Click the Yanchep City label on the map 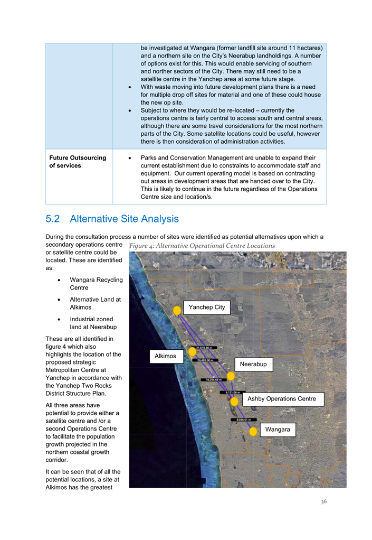tap(207, 307)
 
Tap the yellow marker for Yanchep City tap(177, 311)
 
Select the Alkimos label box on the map tap(165, 356)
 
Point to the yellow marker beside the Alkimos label tap(192, 351)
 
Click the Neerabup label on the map tap(253, 364)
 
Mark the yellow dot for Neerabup tap(231, 376)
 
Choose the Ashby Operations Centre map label tap(282, 399)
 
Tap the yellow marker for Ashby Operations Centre tap(234, 402)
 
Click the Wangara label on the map tap(278, 430)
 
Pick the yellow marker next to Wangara tap(253, 432)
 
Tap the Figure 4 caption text tap(202, 246)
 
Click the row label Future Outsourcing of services tap(78, 162)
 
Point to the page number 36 tap(323, 501)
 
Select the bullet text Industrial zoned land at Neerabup tap(93, 323)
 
